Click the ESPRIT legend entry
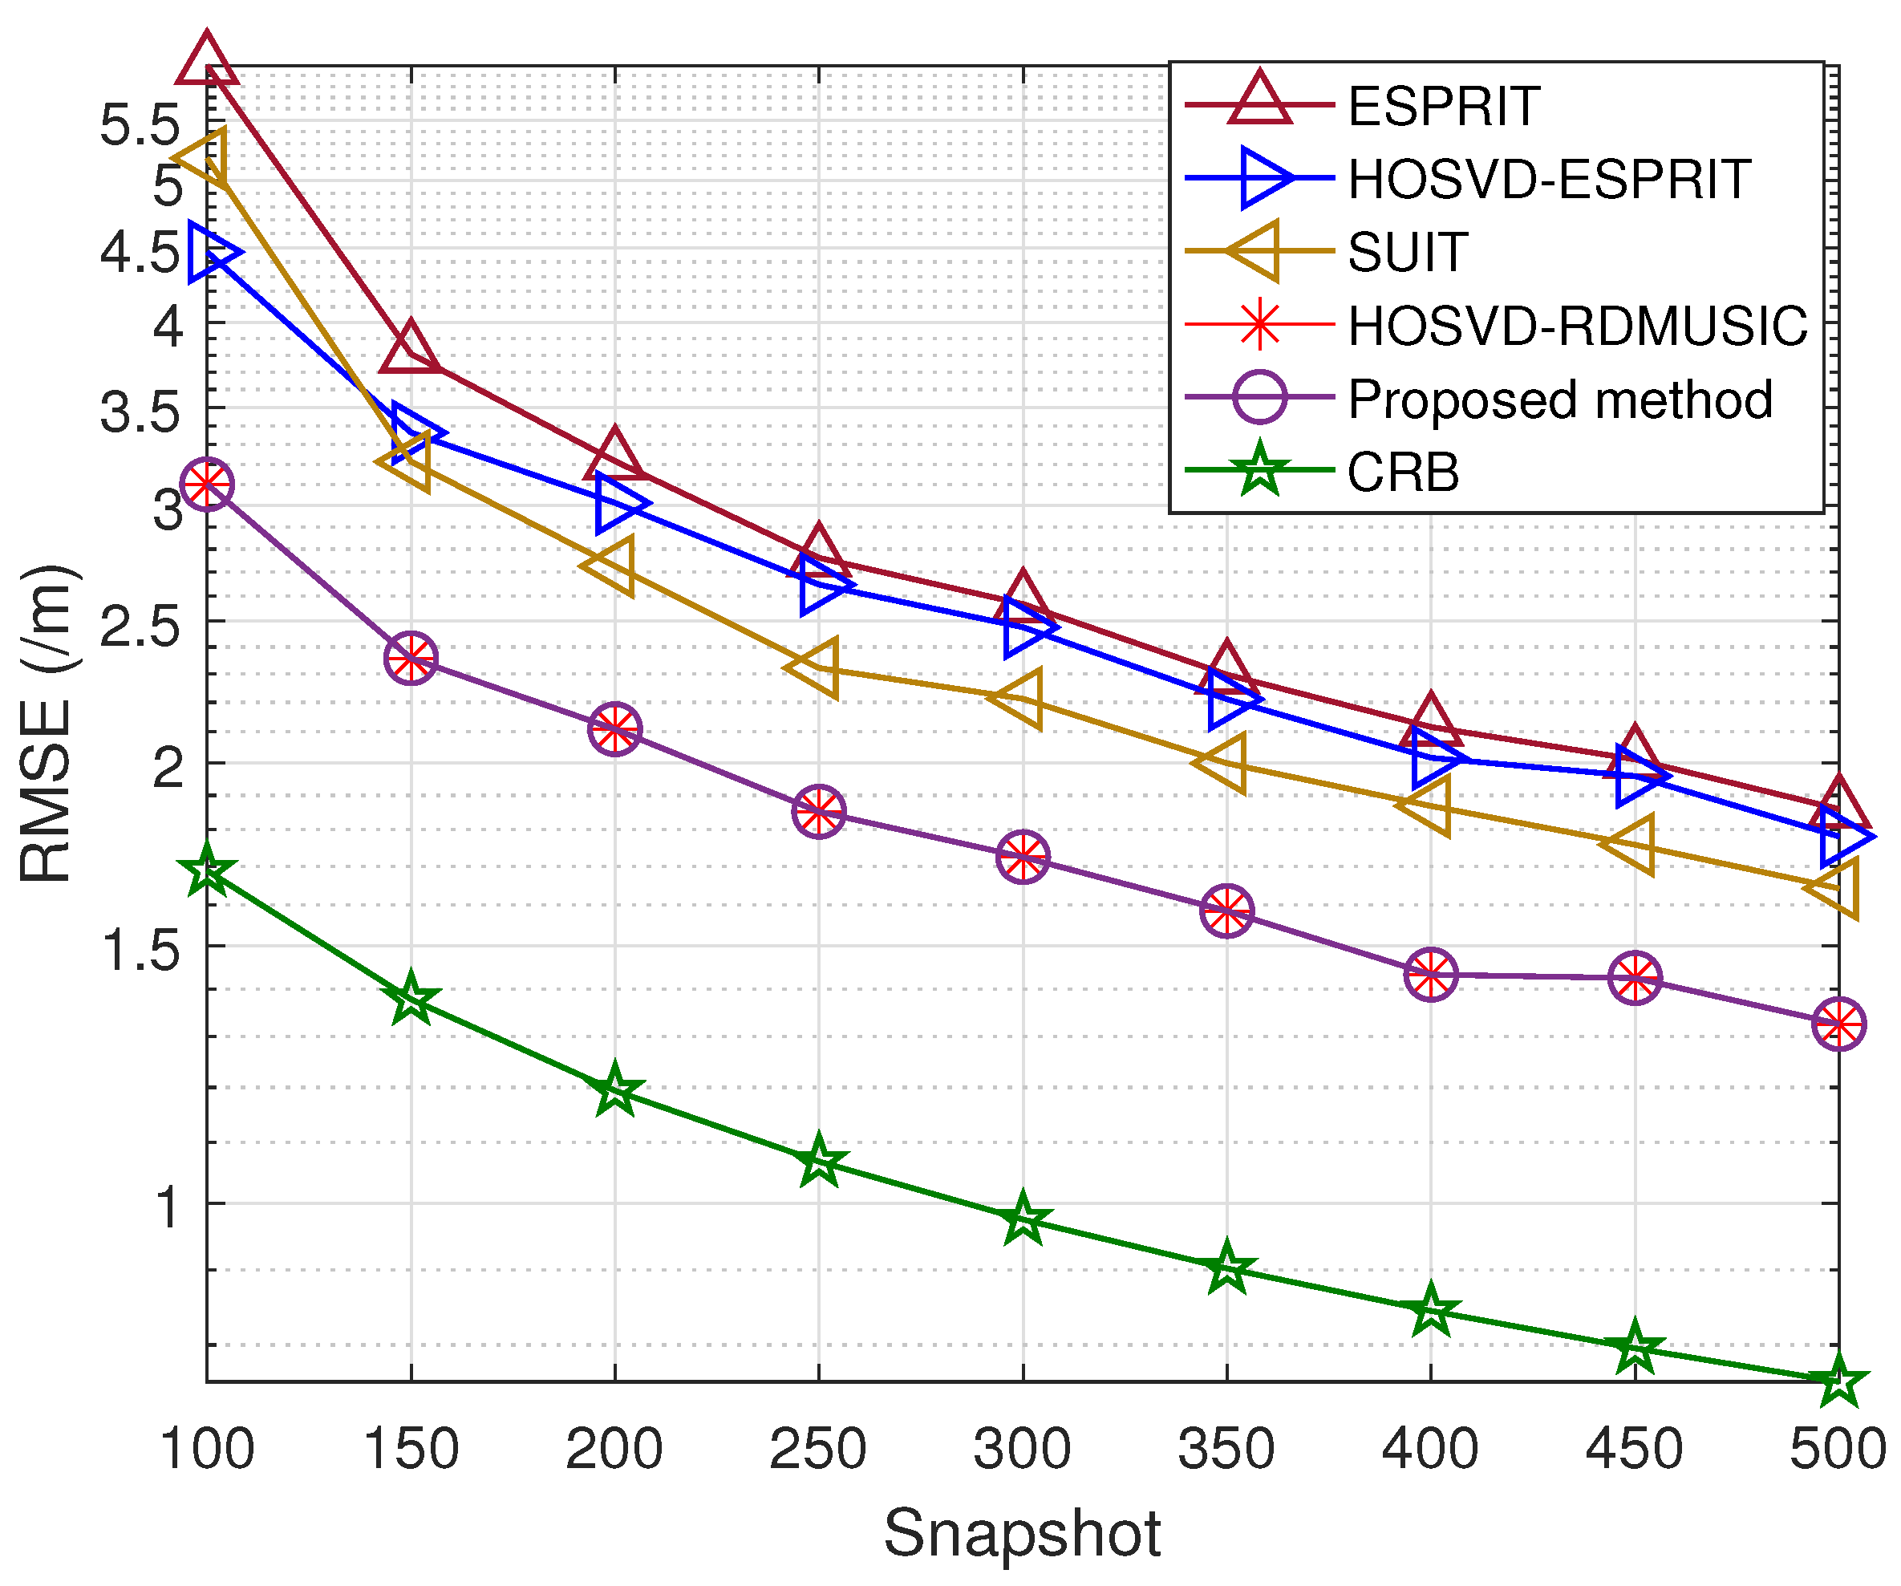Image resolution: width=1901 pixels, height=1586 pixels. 1443,106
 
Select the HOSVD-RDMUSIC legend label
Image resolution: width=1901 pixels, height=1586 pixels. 1577,326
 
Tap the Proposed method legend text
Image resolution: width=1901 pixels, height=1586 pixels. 1558,400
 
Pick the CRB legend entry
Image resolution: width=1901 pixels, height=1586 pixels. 1402,473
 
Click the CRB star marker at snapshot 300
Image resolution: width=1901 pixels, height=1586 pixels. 1023,1219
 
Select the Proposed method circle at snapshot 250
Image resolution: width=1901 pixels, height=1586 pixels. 819,812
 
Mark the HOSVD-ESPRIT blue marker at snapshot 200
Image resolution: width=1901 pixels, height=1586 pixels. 619,505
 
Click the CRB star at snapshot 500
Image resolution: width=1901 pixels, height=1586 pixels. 1838,1381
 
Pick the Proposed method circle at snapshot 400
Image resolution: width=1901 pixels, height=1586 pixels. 1431,975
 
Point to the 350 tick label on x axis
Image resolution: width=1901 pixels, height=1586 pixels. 1226,1450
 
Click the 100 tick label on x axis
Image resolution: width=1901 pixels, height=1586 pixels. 206,1450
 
